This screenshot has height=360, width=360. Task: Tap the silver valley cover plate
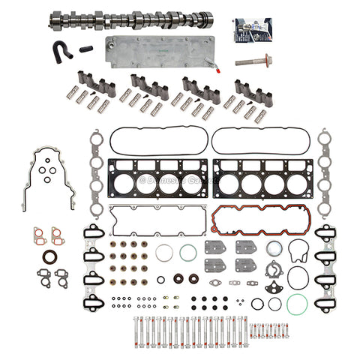click(159, 51)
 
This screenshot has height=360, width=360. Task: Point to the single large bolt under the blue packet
click(253, 61)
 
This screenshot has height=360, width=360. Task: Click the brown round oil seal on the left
click(49, 257)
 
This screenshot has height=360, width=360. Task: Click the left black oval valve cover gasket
click(157, 139)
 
